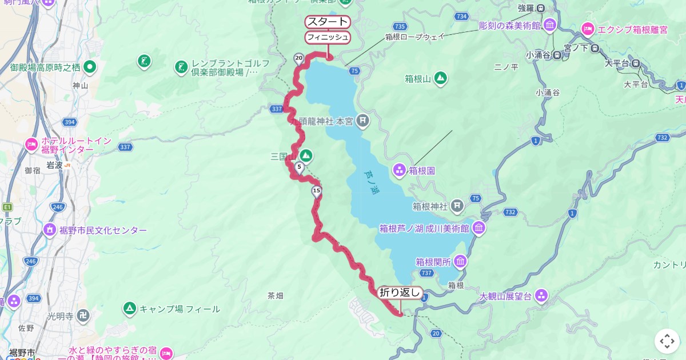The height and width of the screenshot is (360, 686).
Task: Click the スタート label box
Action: click(x=327, y=22)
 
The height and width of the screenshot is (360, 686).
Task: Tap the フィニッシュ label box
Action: click(x=327, y=37)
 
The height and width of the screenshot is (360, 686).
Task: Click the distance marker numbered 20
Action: click(x=298, y=58)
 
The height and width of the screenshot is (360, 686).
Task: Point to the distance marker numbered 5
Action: click(x=299, y=167)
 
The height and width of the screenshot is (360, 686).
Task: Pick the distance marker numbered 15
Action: click(x=317, y=191)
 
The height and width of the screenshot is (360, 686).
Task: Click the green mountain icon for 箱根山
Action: click(x=440, y=78)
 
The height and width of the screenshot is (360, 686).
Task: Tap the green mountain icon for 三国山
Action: click(x=306, y=155)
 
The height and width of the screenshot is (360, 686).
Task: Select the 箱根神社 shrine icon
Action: click(x=457, y=205)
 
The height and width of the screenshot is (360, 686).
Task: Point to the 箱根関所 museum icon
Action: click(x=460, y=262)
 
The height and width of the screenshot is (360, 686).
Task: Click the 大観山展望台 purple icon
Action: click(x=541, y=296)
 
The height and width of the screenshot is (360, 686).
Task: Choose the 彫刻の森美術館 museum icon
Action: click(x=550, y=25)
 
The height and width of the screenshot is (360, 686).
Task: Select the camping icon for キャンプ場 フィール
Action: click(x=130, y=309)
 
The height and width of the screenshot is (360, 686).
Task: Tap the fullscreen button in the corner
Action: click(x=667, y=341)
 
